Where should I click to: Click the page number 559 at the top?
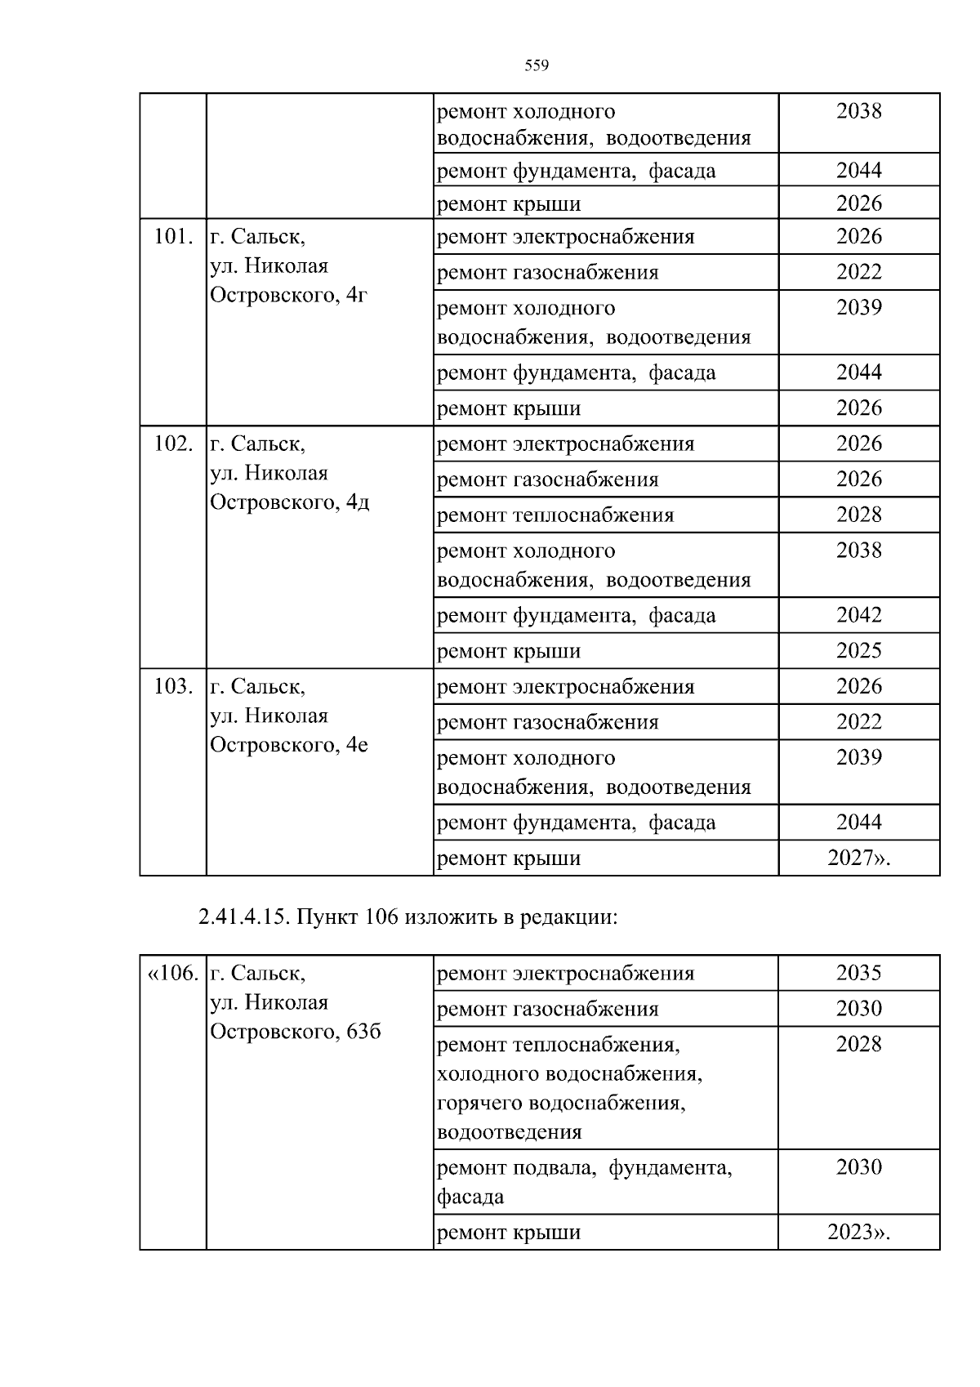536,66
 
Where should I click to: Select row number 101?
173,237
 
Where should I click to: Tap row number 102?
173,444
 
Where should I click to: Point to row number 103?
173,687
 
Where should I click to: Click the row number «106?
172,974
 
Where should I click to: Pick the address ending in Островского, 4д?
289,502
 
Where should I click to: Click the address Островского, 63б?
295,1032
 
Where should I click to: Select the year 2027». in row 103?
858,859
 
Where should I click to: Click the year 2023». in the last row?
858,1232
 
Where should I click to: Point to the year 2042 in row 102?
858,615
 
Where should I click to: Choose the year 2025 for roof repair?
858,651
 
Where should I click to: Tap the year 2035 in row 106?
858,973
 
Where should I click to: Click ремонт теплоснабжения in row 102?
555,515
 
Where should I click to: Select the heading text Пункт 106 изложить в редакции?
457,917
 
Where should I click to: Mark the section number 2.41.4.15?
243,917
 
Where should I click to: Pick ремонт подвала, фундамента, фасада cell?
584,1182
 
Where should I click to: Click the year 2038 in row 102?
858,551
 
